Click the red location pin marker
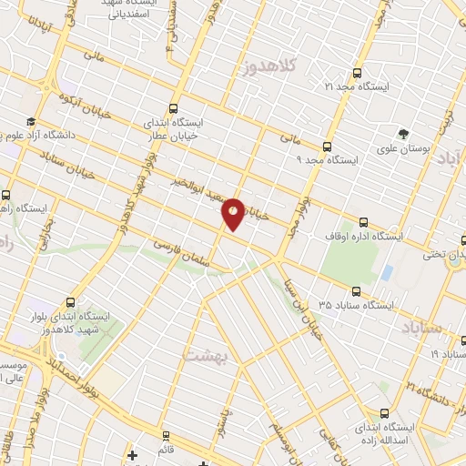(233, 214)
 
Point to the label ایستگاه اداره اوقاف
(364, 235)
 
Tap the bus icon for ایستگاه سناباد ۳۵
(355, 292)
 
